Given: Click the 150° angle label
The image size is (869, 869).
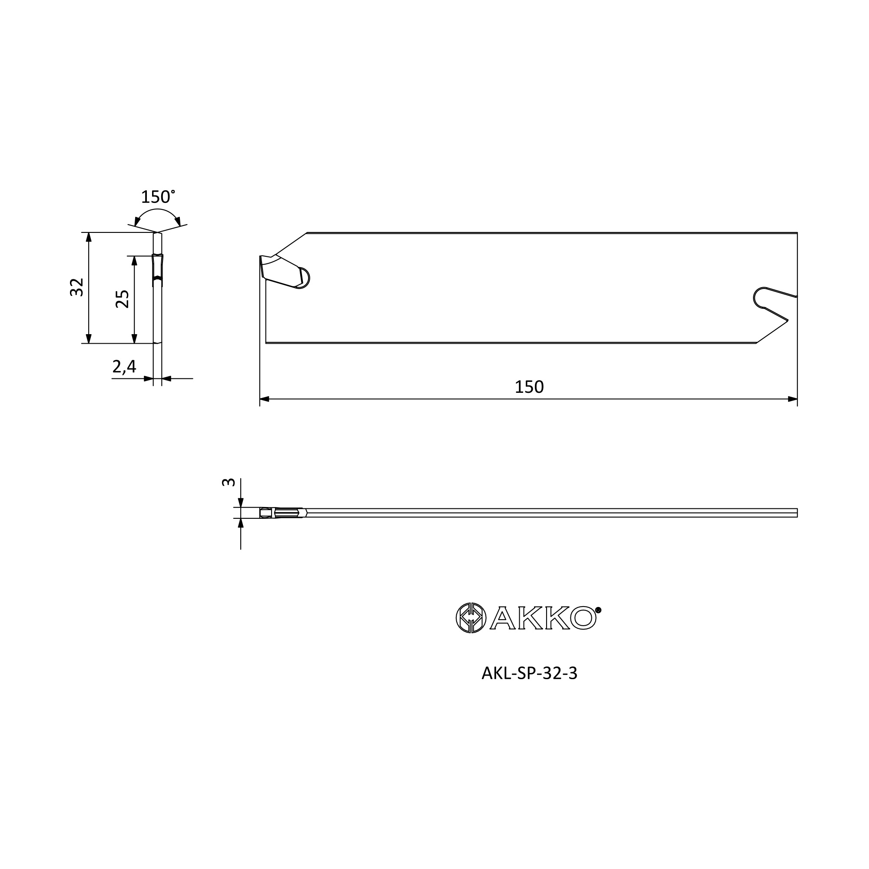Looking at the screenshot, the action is pyautogui.click(x=158, y=197).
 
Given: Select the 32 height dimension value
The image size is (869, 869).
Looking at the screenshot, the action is pyautogui.click(x=77, y=287).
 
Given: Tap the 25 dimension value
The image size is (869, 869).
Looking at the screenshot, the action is pyautogui.click(x=123, y=299).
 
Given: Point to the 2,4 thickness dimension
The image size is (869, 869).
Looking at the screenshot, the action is pyautogui.click(x=124, y=367).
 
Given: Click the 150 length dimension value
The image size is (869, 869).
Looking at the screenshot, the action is pyautogui.click(x=529, y=387).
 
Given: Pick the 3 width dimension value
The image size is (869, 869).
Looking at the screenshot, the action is pyautogui.click(x=229, y=482).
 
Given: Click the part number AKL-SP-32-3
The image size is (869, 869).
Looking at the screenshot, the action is pyautogui.click(x=529, y=686).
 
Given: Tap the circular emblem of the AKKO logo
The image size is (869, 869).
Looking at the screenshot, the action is pyautogui.click(x=471, y=617).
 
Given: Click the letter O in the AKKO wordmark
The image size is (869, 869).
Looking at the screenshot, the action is pyautogui.click(x=584, y=618).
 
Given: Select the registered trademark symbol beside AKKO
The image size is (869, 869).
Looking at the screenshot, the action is pyautogui.click(x=598, y=610).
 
